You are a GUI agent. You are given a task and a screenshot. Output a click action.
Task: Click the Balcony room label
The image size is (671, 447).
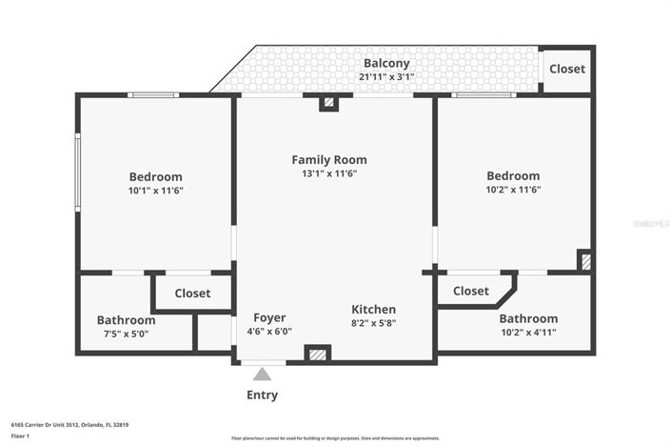385,63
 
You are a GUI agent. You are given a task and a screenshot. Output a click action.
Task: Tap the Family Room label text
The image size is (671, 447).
328,159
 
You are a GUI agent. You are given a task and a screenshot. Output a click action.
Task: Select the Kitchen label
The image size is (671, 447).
373,310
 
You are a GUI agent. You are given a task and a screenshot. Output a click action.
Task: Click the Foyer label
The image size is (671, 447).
269,317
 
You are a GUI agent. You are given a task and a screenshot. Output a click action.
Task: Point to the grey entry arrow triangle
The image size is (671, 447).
262,375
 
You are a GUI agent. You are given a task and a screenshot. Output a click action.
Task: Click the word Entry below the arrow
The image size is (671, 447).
263,395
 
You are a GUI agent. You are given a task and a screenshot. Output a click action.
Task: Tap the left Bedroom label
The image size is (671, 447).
156,176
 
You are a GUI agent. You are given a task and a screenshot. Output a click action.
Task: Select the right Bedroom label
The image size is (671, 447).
513,175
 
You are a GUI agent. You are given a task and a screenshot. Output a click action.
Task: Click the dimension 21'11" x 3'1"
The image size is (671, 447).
386,76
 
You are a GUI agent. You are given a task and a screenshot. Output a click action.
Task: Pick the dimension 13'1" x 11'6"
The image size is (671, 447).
328,173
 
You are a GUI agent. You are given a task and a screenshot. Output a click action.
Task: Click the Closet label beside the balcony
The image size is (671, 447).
567,69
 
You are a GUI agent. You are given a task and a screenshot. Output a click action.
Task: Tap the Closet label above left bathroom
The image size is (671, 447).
192,294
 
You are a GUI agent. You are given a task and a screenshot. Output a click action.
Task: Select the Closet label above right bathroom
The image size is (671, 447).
471,291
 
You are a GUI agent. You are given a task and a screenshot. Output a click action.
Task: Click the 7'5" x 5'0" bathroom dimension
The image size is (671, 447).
126,334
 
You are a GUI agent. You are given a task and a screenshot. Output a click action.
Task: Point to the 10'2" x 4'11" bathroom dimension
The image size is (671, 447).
528,333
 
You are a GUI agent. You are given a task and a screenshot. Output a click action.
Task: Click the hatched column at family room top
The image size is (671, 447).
328,103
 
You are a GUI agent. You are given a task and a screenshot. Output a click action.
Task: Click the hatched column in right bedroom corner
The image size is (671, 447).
585,260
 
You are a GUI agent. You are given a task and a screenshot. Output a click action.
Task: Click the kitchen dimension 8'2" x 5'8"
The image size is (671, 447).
373,324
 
